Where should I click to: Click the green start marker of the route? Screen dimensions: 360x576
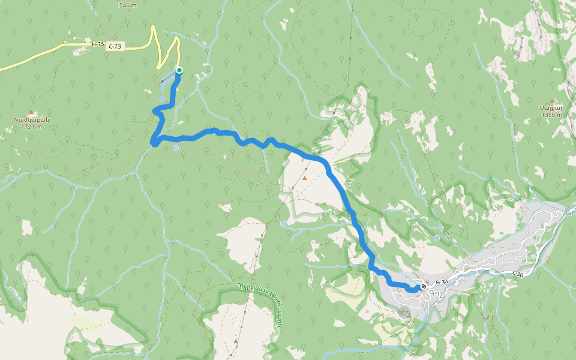pyautogui.click(x=179, y=70)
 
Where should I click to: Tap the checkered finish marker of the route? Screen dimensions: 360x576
pyautogui.click(x=424, y=287)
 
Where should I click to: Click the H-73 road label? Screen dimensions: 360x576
pyautogui.click(x=98, y=44)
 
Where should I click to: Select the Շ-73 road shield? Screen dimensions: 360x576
pyautogui.click(x=116, y=47)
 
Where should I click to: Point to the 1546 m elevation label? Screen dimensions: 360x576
pyautogui.click(x=125, y=5)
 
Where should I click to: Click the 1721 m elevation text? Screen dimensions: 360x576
pyautogui.click(x=31, y=127)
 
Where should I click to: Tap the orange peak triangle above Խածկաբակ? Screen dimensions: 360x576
pyautogui.click(x=31, y=112)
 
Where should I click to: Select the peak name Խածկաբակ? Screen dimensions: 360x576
pyautogui.click(x=31, y=119)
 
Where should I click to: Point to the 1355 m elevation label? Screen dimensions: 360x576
pyautogui.click(x=551, y=115)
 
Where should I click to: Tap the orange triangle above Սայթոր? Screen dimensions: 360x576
pyautogui.click(x=552, y=100)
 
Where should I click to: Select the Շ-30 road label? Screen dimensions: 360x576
pyautogui.click(x=517, y=274)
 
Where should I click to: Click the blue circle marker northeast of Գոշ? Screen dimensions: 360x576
pyautogui.click(x=436, y=238)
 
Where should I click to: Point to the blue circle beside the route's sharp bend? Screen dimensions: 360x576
pyautogui.click(x=175, y=148)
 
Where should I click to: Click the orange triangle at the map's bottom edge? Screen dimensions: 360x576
pyautogui.click(x=236, y=341)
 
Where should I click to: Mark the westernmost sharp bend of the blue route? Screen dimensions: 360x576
pyautogui.click(x=154, y=142)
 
